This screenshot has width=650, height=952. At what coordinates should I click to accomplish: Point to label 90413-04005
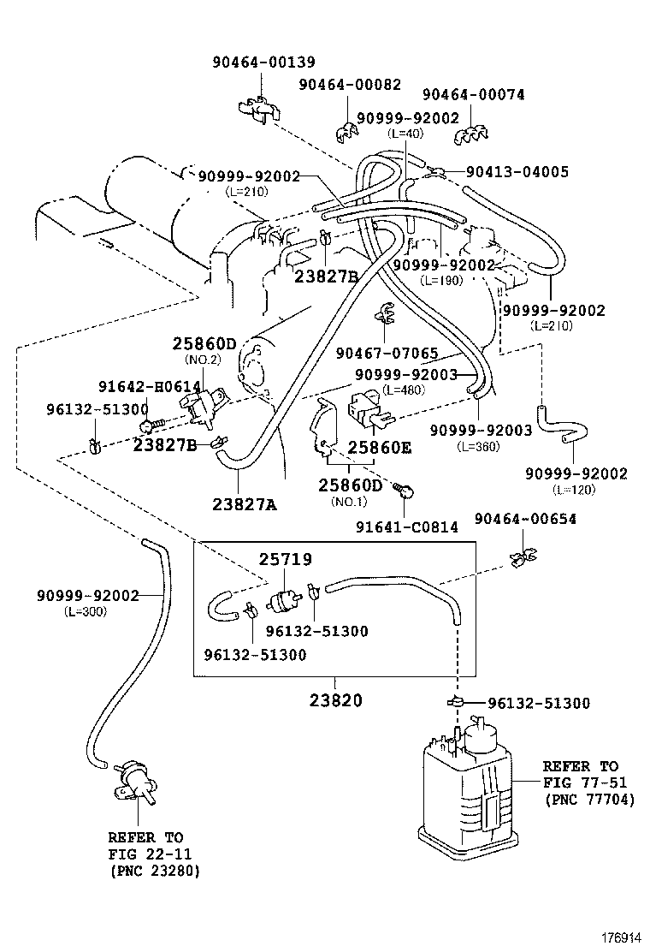[517, 171]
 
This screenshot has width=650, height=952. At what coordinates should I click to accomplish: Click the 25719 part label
[286, 559]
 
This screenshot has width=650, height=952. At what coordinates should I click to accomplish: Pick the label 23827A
[244, 504]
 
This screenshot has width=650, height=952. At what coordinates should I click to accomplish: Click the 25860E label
[379, 447]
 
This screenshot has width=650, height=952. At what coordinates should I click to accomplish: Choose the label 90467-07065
[387, 353]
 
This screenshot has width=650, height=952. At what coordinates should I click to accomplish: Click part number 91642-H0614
[149, 387]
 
